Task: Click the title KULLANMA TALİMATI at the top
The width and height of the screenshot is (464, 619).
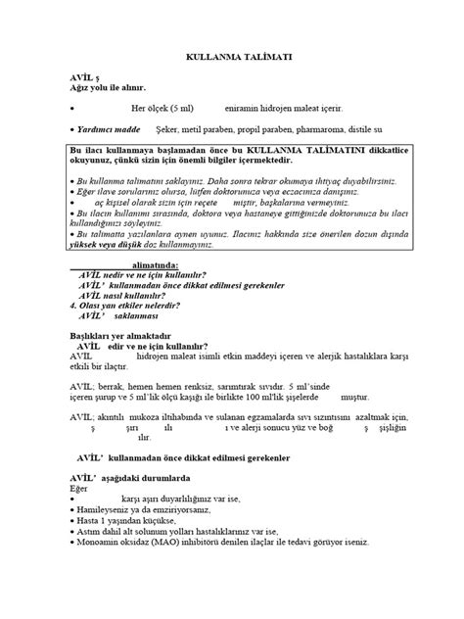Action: [233, 58]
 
